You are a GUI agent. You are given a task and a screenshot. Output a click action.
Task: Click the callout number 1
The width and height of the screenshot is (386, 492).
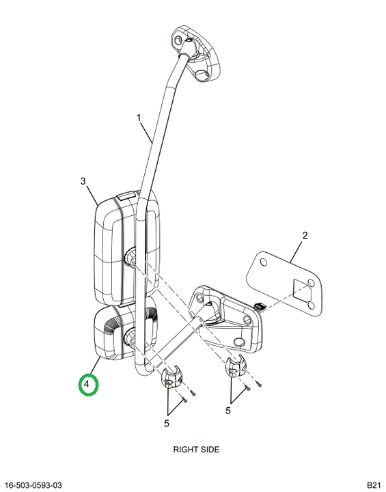pyautogui.click(x=139, y=118)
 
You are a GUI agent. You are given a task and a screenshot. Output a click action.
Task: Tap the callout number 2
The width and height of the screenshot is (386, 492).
pyautogui.click(x=305, y=235)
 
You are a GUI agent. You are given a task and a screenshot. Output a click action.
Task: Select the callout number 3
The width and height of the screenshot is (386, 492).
pyautogui.click(x=83, y=181)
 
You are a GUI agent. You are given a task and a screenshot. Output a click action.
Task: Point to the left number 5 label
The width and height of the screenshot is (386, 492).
pyautogui.click(x=166, y=424)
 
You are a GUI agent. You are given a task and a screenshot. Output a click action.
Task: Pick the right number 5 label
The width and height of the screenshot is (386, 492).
pyautogui.click(x=228, y=411)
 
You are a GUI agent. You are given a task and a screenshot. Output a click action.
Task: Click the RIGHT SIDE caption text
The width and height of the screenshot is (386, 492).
pyautogui.click(x=196, y=450)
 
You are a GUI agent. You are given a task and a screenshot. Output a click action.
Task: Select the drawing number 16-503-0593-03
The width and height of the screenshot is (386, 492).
pyautogui.click(x=34, y=485)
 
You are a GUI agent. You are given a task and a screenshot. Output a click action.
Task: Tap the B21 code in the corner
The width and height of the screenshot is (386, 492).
pyautogui.click(x=374, y=485)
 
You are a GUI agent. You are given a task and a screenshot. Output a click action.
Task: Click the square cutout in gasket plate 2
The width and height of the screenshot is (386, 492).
pyautogui.click(x=301, y=289)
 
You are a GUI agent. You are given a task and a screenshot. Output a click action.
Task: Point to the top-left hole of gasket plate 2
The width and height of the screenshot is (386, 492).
pyautogui.click(x=264, y=261)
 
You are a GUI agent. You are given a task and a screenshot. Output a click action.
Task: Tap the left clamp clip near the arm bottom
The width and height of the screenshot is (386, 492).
pyautogui.click(x=172, y=377)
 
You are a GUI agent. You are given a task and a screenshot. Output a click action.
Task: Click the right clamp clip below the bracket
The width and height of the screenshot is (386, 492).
pyautogui.click(x=236, y=366)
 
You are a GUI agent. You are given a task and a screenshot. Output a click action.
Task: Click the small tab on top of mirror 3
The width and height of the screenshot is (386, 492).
pyautogui.click(x=126, y=196)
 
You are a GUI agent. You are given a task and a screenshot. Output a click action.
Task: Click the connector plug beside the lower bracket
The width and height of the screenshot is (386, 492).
pyautogui.click(x=260, y=306)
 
